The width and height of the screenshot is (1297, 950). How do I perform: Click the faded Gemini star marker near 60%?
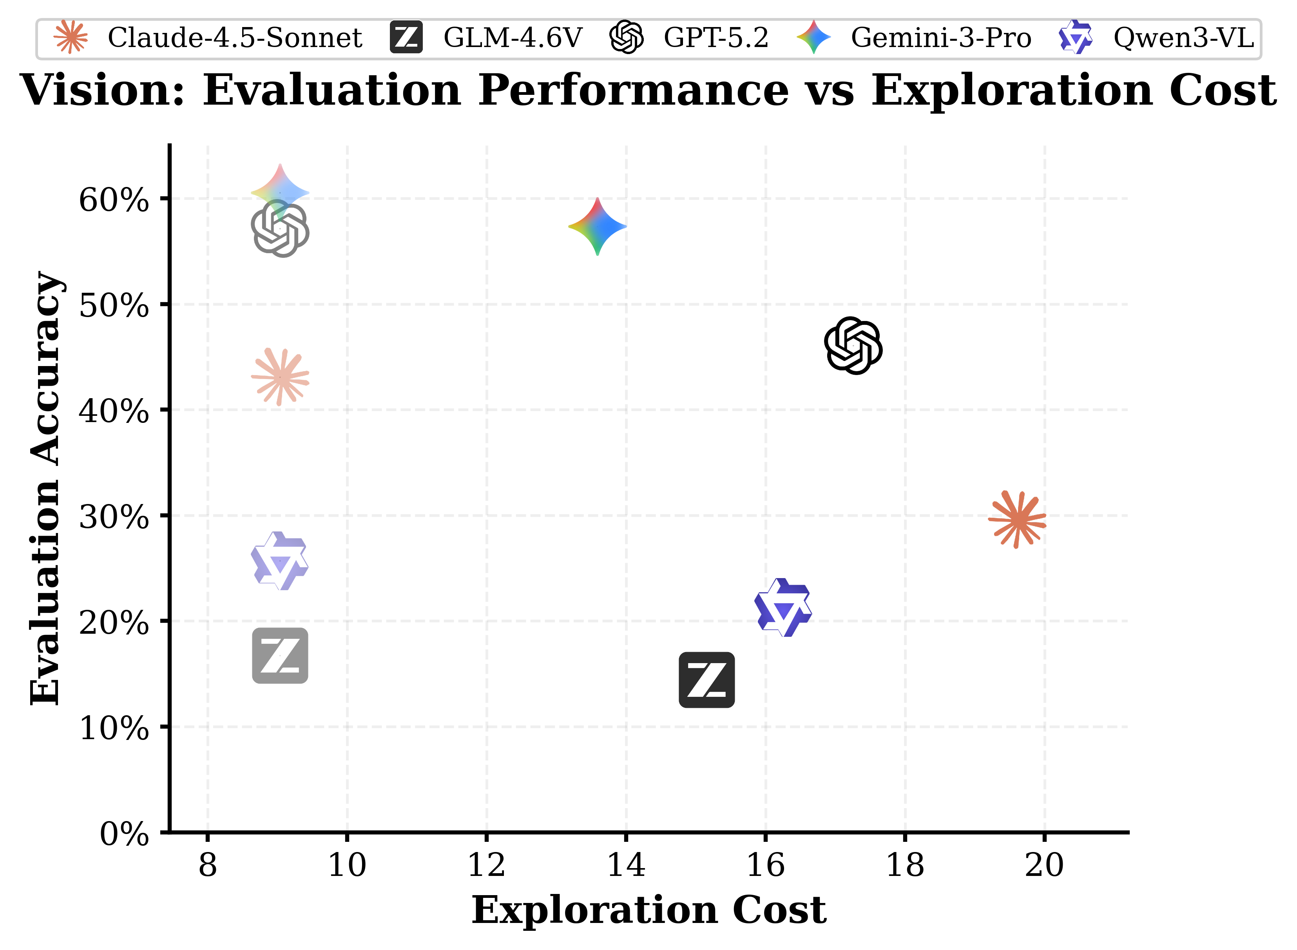[280, 192]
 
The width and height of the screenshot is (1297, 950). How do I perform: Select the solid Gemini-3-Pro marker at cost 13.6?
[598, 227]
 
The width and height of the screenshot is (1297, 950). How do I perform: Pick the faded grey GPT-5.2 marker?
[280, 228]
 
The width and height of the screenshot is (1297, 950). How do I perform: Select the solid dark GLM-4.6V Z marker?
[706, 680]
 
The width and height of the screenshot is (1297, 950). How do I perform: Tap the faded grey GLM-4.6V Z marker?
[280, 656]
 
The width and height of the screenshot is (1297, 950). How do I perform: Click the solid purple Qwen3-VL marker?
[783, 608]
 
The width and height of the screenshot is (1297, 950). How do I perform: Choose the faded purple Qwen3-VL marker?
[280, 561]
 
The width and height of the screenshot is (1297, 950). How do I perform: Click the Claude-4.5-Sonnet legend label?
[235, 38]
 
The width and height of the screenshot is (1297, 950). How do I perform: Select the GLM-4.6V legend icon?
[406, 38]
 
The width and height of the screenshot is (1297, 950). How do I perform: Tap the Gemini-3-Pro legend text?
[940, 38]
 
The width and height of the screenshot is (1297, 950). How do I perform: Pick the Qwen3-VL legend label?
[1183, 38]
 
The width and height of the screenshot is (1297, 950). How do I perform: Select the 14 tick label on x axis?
[626, 865]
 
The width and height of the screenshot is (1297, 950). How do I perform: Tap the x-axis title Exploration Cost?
[648, 910]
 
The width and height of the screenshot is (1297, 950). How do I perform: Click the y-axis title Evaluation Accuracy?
[46, 488]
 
